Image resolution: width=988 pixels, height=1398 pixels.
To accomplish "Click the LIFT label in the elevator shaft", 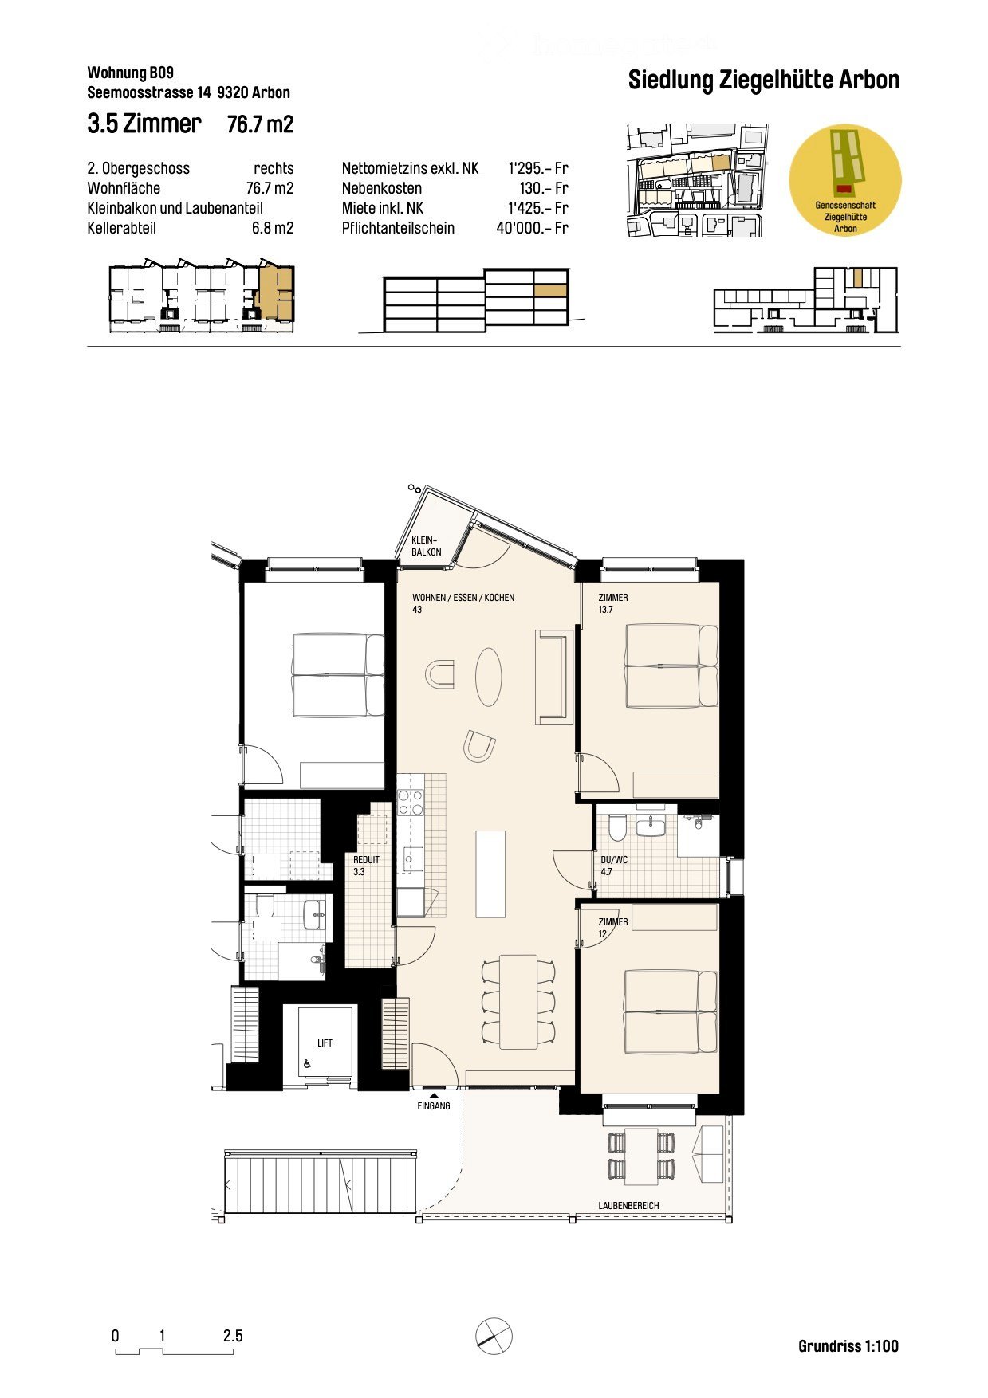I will click(325, 1043).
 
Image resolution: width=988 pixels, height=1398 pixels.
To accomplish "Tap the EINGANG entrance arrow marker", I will click(434, 1097).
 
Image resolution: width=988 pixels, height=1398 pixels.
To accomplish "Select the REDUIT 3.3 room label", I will click(366, 866).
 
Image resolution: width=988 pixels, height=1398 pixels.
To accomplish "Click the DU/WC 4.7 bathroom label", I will click(613, 866).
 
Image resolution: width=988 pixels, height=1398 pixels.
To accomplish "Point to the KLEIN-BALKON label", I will click(426, 546).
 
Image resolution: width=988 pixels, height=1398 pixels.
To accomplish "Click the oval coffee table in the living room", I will click(489, 677).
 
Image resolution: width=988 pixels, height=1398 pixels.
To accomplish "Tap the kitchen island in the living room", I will click(490, 874).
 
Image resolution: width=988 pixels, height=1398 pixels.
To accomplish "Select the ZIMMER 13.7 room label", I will click(613, 603).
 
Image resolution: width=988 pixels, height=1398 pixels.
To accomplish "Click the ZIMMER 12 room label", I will click(612, 927).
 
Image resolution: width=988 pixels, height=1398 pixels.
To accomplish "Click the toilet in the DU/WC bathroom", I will click(616, 828).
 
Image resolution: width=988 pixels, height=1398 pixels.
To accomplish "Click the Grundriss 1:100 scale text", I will click(848, 1346).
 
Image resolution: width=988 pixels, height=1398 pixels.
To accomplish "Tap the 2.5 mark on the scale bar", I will click(233, 1336).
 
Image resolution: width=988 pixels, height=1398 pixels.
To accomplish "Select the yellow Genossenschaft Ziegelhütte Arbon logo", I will click(844, 179).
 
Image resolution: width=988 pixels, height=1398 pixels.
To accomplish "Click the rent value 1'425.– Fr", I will click(537, 208).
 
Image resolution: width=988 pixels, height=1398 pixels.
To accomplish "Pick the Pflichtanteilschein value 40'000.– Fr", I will click(531, 228).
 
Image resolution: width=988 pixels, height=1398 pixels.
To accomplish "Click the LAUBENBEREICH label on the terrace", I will click(628, 1206).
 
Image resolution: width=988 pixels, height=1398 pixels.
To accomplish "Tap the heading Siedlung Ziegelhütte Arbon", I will click(763, 81).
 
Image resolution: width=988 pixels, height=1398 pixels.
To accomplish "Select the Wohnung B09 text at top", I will click(130, 73).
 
